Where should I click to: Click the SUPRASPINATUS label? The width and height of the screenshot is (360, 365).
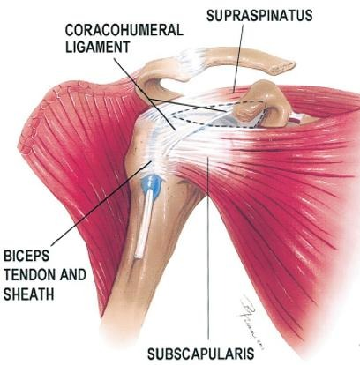[x=259, y=15]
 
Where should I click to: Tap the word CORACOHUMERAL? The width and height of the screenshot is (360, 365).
[x=124, y=30]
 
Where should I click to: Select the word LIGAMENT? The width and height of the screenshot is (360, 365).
[x=97, y=47]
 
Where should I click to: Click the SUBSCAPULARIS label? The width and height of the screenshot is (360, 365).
[x=201, y=354]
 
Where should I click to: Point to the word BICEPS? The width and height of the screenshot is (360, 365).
[x=26, y=256]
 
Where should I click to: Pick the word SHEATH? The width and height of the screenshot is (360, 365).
[x=28, y=294]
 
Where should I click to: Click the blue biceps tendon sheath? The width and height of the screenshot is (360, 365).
[x=152, y=184]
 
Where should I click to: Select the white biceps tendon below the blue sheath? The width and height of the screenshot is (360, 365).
[x=143, y=225]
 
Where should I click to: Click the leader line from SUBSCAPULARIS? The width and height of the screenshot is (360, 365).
[x=208, y=251]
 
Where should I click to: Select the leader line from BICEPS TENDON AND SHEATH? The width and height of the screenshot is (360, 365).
[x=101, y=204]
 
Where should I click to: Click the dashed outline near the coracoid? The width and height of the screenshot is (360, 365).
[x=219, y=115]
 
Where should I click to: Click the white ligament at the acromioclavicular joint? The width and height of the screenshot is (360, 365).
[x=191, y=59]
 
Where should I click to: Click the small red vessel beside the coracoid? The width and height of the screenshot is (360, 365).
[x=295, y=120]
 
